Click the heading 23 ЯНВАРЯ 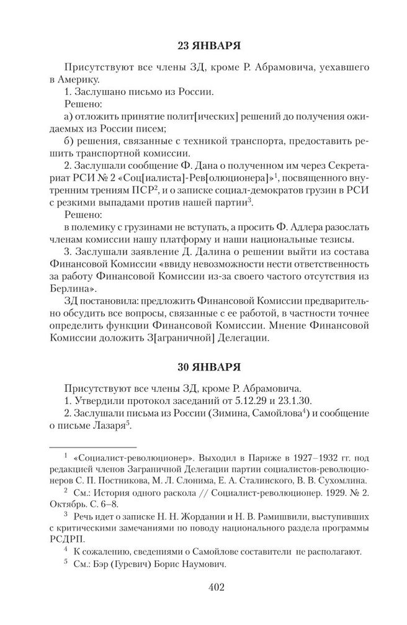click(204, 47)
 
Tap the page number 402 click(204, 586)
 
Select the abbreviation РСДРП click(65, 539)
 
